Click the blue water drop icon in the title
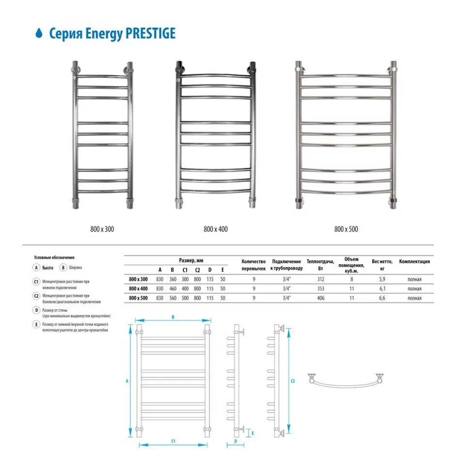pyautogui.click(x=39, y=33)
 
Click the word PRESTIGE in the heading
pyautogui.click(x=150, y=33)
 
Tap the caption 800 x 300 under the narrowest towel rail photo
pyautogui.click(x=102, y=228)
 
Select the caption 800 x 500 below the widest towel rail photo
pyautogui.click(x=346, y=228)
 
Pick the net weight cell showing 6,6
pyautogui.click(x=382, y=298)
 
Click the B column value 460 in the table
pyautogui.click(x=172, y=288)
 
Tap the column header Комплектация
pyautogui.click(x=414, y=261)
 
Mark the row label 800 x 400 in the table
pyautogui.click(x=139, y=288)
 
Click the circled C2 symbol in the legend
pyautogui.click(x=36, y=295)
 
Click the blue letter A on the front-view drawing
pyautogui.click(x=127, y=382)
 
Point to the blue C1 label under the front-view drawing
pyautogui.click(x=173, y=441)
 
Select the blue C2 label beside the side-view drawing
pyautogui.click(x=293, y=381)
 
